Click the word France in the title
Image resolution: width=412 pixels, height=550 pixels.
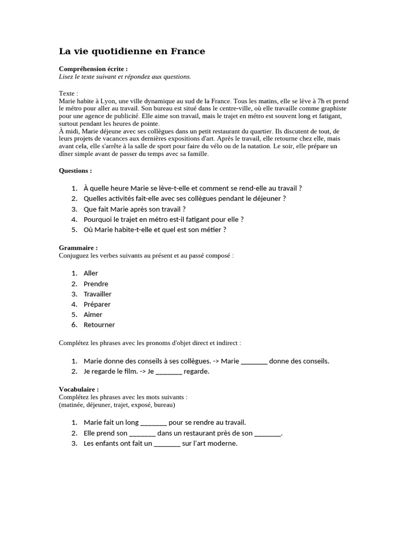pyautogui.click(x=188, y=52)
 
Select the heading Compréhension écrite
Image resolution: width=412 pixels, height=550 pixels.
pyautogui.click(x=93, y=69)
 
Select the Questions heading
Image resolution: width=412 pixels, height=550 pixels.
pyautogui.click(x=75, y=171)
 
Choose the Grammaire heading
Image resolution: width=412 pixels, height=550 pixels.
pyautogui.click(x=78, y=248)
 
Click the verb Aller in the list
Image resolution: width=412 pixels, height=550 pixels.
pyautogui.click(x=91, y=273)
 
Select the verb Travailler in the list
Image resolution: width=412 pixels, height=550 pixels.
pyautogui.click(x=98, y=294)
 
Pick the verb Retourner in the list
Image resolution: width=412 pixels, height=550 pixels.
pyautogui.click(x=99, y=324)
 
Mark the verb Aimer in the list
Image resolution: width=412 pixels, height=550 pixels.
pyautogui.click(x=93, y=314)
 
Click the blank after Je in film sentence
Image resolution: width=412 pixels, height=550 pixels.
pyautogui.click(x=168, y=372)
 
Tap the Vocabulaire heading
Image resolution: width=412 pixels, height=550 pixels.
pyautogui.click(x=78, y=389)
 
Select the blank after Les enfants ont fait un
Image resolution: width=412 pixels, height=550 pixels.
pyautogui.click(x=167, y=444)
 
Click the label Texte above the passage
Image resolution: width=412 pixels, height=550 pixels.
pyautogui.click(x=68, y=93)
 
